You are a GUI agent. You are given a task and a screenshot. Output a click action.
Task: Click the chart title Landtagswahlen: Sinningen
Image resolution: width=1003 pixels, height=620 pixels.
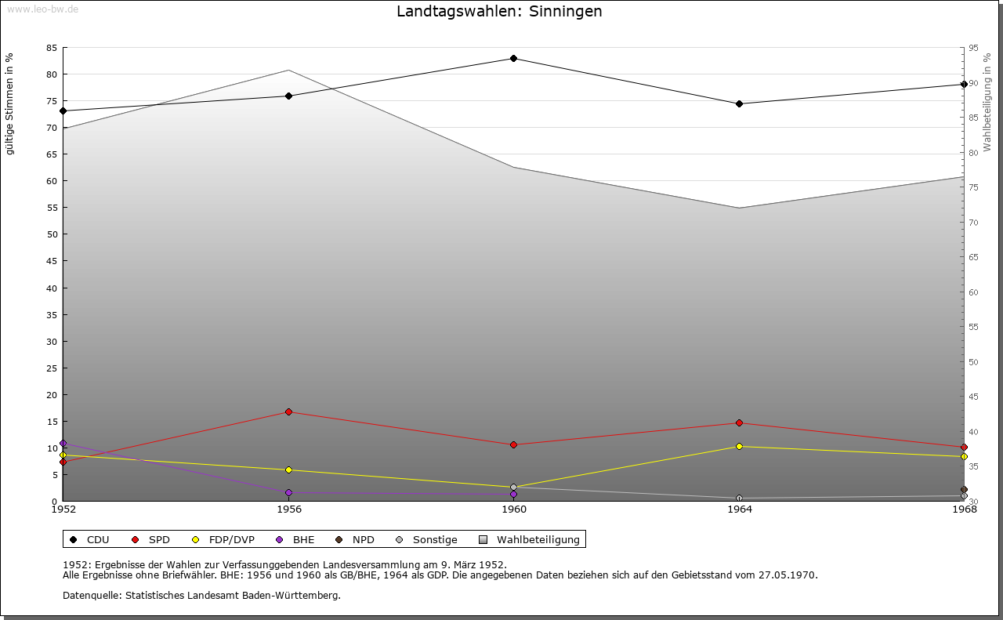point(499,12)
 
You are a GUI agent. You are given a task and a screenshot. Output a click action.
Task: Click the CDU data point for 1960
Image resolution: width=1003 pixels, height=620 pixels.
point(513,58)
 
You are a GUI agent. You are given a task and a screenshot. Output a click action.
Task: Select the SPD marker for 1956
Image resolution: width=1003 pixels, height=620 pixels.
point(288,412)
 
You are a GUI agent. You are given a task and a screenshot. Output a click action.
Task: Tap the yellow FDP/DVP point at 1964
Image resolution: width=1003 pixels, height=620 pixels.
point(739,446)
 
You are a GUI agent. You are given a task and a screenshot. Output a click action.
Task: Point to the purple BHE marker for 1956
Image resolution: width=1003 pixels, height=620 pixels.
point(288,492)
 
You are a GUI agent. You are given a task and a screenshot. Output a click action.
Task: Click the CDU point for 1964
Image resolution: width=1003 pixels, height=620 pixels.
point(739,103)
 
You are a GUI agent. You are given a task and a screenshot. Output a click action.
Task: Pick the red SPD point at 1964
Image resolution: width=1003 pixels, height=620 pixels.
point(739,422)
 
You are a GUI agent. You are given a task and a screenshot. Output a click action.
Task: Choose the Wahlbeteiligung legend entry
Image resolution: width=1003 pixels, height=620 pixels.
point(530,539)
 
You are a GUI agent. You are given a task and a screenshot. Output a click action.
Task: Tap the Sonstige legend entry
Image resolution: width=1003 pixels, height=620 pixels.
point(426,539)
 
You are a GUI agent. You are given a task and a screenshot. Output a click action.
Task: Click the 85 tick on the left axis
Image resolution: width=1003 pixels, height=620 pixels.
point(51,48)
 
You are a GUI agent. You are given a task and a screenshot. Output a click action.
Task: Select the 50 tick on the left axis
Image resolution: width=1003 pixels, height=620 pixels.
point(51,234)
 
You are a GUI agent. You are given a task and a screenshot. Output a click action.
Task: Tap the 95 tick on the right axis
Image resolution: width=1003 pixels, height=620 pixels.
point(974,48)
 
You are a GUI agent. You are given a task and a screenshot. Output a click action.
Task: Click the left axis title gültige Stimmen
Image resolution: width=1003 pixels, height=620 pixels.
point(10,104)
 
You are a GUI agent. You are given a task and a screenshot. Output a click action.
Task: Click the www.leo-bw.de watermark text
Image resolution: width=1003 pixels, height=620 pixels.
point(42,9)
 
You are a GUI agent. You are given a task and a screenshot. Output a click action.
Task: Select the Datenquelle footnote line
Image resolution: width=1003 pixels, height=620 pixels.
point(201,596)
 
